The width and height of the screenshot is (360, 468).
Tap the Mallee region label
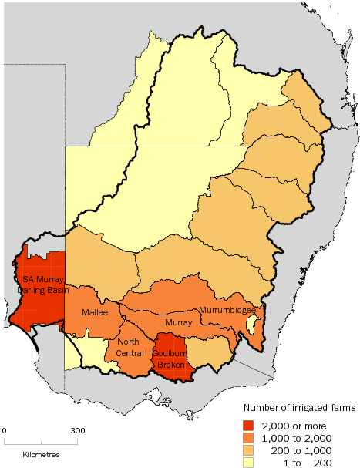[95, 313]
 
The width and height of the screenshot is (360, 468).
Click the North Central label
[130, 347]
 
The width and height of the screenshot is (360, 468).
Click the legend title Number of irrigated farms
[300, 407]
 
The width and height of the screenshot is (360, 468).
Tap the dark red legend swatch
[248, 425]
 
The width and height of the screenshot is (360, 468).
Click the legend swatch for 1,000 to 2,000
[248, 436]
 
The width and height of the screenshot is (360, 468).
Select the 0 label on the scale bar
[5, 430]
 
